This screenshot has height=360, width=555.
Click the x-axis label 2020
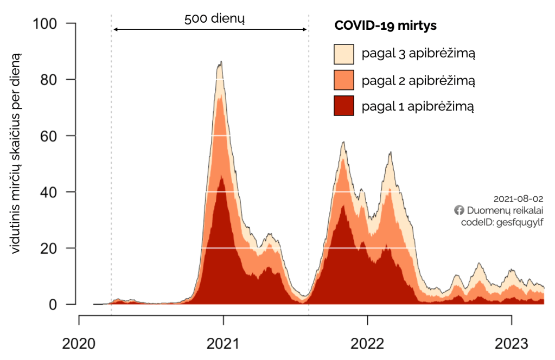pos(79,343)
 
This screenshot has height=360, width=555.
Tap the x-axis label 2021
pos(223,343)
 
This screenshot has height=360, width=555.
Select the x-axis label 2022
pos(367,343)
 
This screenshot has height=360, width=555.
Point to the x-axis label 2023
pos(512,343)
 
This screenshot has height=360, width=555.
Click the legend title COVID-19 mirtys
pos(386,25)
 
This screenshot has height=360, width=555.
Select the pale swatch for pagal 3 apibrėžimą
pos(343,54)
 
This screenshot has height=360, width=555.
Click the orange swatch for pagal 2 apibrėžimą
pos(343,80)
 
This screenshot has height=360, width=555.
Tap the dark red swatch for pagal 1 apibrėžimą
pos(343,106)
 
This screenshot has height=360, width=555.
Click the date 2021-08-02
pos(518,199)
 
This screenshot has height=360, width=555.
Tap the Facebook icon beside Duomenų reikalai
pos(459,210)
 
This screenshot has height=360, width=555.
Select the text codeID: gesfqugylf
pos(502,222)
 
